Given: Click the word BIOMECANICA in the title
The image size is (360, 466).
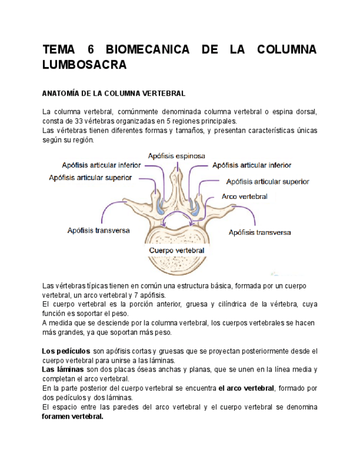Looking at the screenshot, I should [147, 49].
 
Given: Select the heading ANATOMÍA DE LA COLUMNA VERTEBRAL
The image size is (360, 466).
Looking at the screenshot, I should [114, 93].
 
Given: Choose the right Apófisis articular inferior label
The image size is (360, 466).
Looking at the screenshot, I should [252, 165].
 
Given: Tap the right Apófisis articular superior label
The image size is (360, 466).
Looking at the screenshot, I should [267, 181].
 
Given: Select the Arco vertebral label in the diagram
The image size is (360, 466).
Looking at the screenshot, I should [245, 196].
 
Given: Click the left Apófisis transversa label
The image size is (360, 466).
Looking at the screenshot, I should [98, 230].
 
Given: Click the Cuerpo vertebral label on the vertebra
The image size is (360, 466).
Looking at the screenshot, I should [176, 250].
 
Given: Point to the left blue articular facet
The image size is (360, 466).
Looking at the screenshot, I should [159, 207].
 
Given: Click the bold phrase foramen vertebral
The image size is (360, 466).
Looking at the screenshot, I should [73, 417].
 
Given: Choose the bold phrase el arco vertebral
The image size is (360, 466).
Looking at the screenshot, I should [246, 389].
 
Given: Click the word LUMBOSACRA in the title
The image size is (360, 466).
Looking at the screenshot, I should [85, 65].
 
